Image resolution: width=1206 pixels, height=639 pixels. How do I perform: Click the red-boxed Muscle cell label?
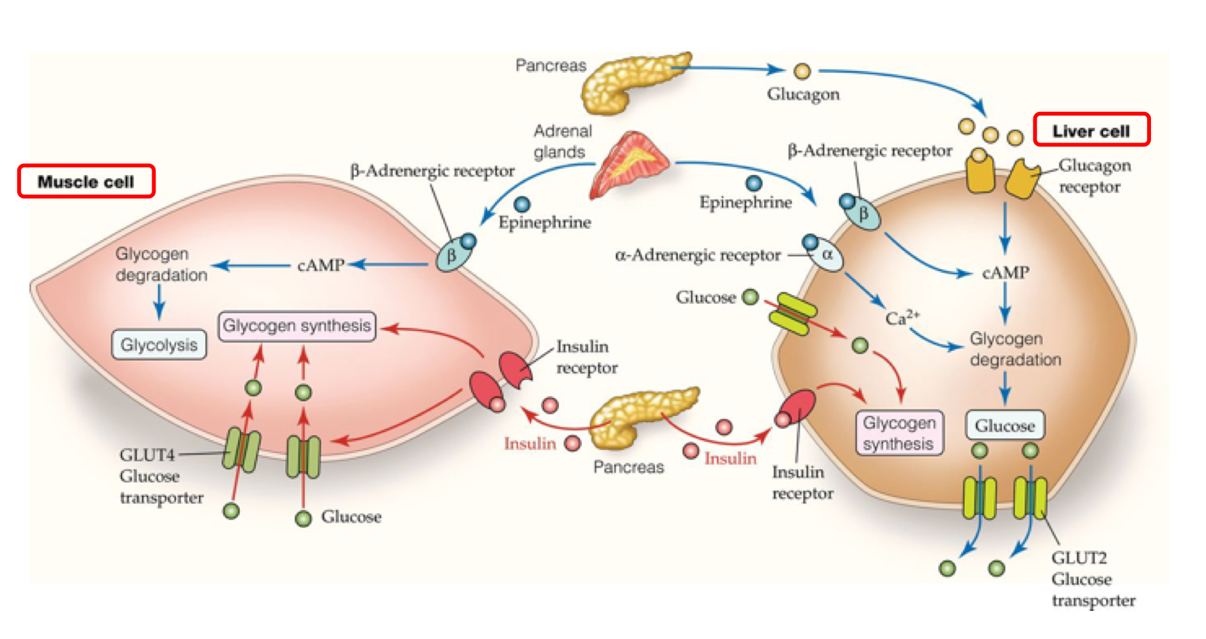(x=86, y=181)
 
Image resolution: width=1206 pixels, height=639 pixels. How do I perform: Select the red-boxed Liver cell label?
(x=1091, y=130)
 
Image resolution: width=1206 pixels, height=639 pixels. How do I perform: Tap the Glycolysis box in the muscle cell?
(x=159, y=345)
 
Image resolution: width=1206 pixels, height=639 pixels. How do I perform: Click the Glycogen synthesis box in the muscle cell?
(x=297, y=326)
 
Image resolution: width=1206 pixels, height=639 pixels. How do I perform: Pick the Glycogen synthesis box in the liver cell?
(x=898, y=433)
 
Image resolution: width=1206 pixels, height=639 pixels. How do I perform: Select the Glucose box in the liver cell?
(x=1005, y=426)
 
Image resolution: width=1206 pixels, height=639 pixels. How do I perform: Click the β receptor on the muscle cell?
(x=453, y=255)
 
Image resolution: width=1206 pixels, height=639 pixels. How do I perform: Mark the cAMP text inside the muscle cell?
(x=321, y=265)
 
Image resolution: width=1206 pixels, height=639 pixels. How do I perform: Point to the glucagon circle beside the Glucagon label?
(x=802, y=71)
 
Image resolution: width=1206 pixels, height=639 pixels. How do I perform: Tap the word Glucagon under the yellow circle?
(x=803, y=94)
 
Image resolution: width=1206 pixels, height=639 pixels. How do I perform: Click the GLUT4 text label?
(x=147, y=455)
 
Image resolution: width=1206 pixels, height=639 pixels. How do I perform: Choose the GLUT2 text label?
(x=1079, y=558)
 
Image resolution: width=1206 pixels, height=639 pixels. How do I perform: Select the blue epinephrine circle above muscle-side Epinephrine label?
(x=522, y=204)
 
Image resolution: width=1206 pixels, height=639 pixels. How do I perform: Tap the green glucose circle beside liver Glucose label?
(x=750, y=297)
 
